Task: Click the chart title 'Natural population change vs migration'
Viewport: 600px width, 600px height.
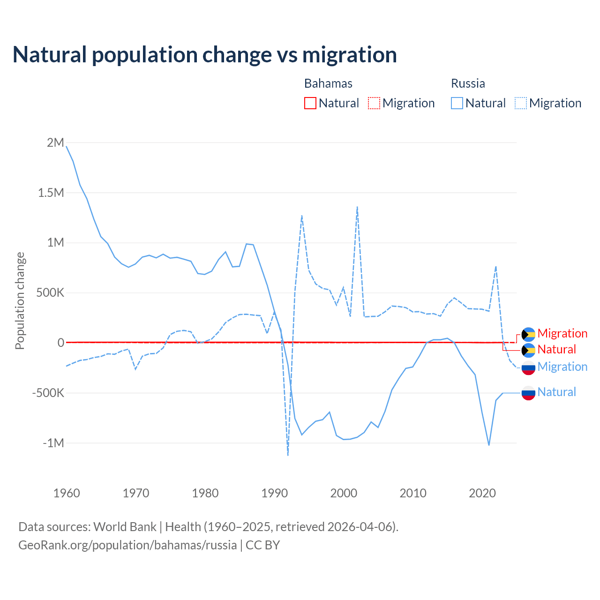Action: [205, 54]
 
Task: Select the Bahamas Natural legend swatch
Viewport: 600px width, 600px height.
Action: [310, 103]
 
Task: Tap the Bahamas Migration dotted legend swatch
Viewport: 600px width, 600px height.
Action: [374, 103]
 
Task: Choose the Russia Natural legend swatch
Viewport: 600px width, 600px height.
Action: [457, 103]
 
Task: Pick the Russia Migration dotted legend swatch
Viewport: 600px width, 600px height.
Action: [521, 103]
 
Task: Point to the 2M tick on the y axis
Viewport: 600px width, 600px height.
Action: [55, 142]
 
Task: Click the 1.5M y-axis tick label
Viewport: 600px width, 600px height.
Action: [51, 193]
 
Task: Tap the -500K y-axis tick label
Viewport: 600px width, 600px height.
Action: [48, 393]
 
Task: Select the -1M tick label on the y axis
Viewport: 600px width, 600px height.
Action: [53, 443]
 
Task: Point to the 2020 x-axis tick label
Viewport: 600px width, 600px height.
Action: [482, 493]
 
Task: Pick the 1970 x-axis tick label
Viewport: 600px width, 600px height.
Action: [136, 493]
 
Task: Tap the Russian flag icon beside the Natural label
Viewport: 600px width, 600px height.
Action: [528, 393]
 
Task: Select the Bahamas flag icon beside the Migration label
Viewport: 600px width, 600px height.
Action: [528, 334]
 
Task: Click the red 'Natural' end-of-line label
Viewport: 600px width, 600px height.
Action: [556, 350]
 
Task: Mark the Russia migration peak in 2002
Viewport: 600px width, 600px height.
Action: [357, 207]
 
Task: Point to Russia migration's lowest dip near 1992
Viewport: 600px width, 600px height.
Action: [288, 455]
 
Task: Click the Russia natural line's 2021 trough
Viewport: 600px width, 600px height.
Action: [489, 445]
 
